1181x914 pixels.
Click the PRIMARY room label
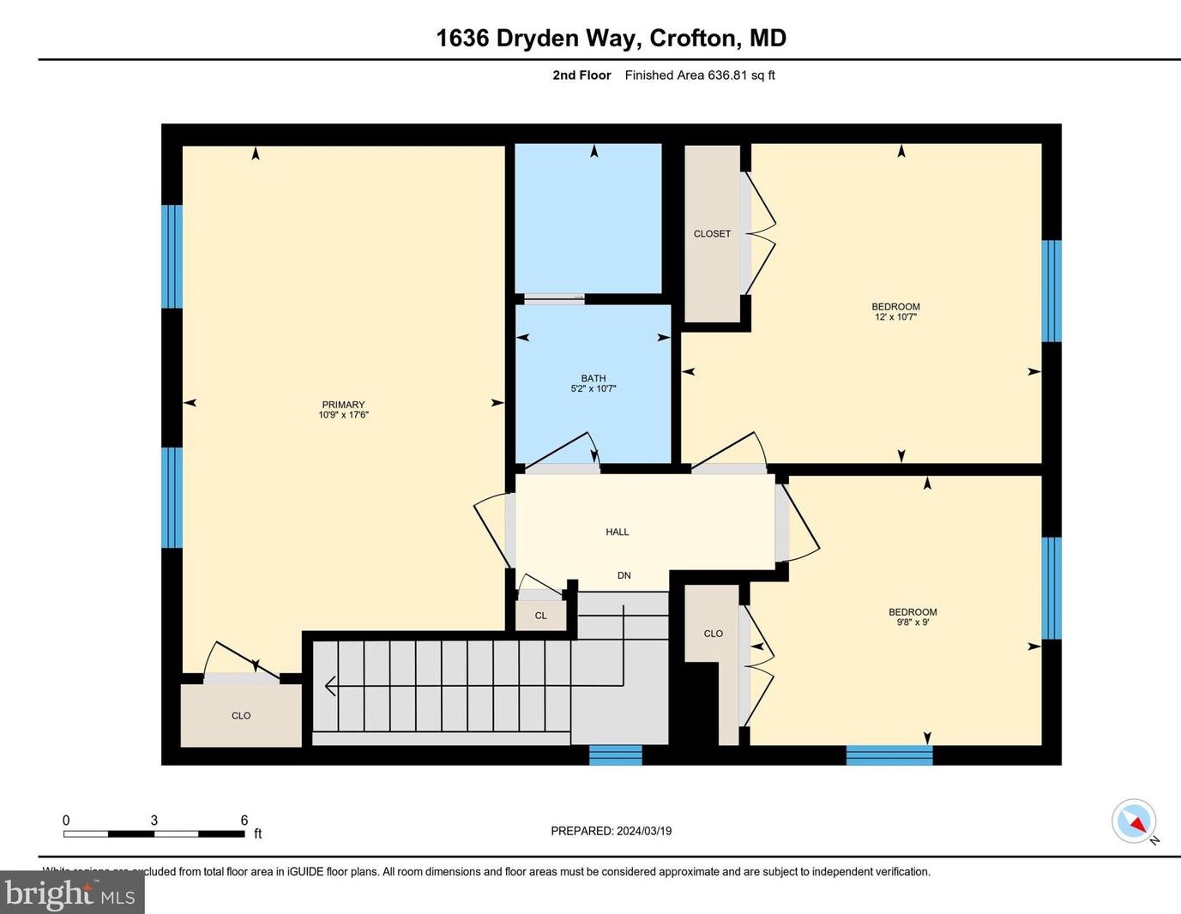click(343, 405)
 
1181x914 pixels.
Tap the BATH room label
click(594, 378)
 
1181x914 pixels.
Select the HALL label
click(618, 532)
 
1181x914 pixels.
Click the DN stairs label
click(624, 575)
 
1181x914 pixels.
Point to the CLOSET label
click(712, 234)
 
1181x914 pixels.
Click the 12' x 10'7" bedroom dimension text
click(895, 317)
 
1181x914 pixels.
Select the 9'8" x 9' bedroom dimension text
click(913, 622)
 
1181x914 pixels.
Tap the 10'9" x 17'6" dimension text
click(343, 415)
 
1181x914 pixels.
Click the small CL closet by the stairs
click(540, 616)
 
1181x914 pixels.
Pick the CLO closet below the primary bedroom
click(241, 716)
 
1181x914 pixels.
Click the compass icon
click(1134, 821)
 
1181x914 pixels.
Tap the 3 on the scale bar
click(154, 821)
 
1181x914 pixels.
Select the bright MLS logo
click(72, 893)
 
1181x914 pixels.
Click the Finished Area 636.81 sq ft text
click(700, 75)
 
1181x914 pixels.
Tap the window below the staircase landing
click(615, 755)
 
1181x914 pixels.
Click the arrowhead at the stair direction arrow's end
click(329, 686)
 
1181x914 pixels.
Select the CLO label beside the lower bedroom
click(714, 634)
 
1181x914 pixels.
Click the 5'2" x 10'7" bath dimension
click(594, 388)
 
